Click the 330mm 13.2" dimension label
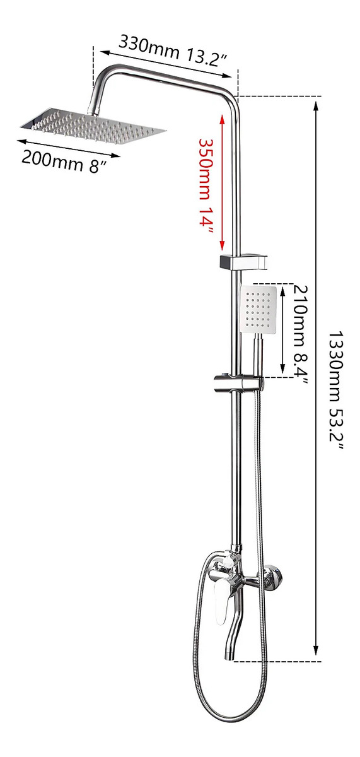[172, 50]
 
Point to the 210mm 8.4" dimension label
[300, 334]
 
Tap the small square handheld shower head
[258, 309]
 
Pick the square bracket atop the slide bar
[243, 260]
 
